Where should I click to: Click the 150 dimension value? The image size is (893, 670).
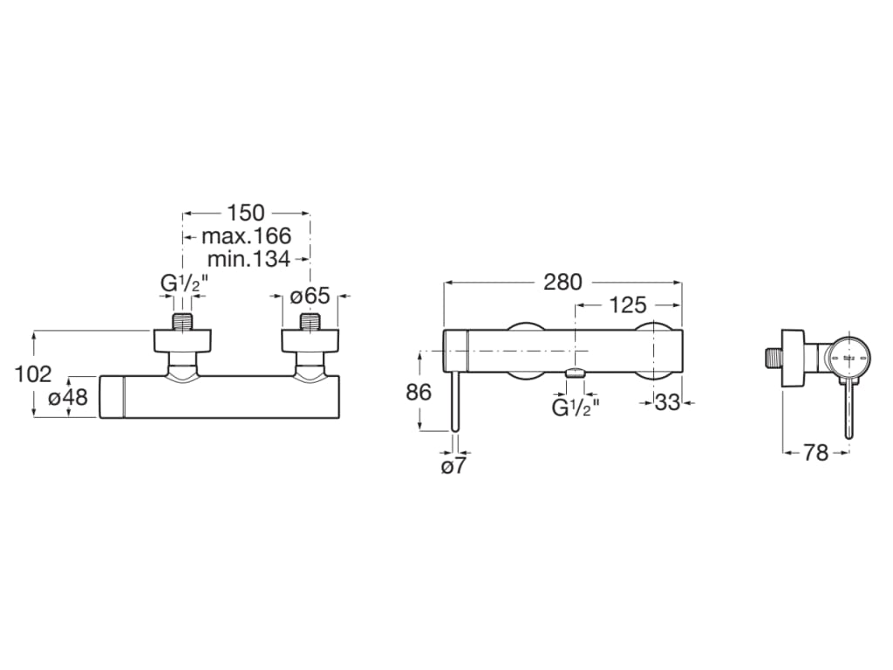click(x=247, y=213)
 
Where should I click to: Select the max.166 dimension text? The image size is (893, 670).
click(x=246, y=236)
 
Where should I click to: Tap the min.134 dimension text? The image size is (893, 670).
click(x=249, y=258)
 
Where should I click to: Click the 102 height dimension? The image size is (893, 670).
click(x=34, y=373)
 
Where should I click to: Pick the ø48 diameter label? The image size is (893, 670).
click(x=67, y=397)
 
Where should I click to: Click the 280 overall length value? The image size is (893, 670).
click(x=562, y=282)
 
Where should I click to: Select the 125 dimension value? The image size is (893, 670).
click(x=628, y=304)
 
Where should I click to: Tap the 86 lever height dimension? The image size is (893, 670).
click(x=419, y=392)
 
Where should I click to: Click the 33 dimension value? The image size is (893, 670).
click(x=666, y=402)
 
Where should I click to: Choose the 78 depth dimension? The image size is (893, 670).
click(x=815, y=453)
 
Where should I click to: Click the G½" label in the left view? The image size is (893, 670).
click(x=182, y=284)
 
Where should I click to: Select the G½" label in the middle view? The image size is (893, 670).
click(x=575, y=407)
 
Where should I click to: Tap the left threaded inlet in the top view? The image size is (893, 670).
click(x=182, y=320)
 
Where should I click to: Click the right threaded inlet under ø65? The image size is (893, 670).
click(x=311, y=320)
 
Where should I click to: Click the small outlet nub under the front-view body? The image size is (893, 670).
click(x=576, y=374)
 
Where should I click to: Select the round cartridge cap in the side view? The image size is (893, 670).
click(x=848, y=358)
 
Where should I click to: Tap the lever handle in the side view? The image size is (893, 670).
click(x=848, y=410)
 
